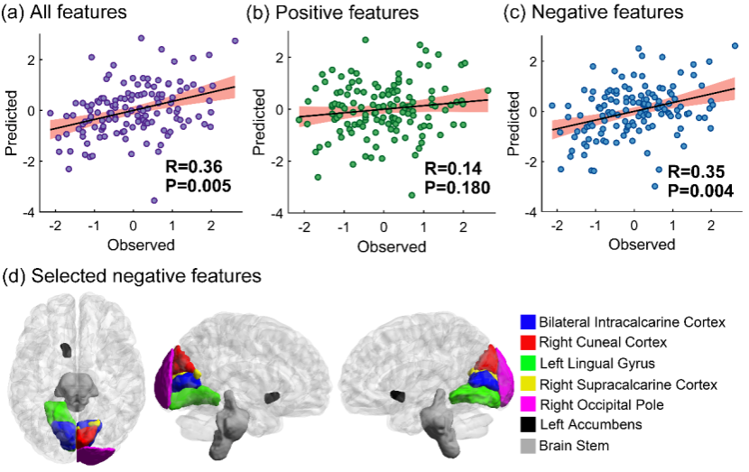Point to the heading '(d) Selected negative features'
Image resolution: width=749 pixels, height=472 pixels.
pos(134,275)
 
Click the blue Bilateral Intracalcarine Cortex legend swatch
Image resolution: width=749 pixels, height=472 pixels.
pos(527,321)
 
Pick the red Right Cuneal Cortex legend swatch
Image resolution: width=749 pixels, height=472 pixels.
pos(527,342)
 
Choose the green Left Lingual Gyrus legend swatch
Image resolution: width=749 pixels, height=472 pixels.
pos(527,363)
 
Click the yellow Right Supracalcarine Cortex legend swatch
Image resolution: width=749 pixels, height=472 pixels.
pos(527,384)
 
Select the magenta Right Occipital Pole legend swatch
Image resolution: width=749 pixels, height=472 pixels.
pos(527,404)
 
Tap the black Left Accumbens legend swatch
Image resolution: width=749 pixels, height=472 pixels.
pos(527,425)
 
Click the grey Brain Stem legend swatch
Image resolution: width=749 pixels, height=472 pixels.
pos(527,446)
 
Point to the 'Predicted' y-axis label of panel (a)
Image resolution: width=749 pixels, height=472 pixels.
pos(14,122)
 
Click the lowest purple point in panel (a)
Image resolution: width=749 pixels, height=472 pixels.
pos(154,200)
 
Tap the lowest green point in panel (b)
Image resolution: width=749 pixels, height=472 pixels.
pos(411,194)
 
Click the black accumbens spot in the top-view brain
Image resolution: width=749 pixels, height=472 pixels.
pos(64,348)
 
